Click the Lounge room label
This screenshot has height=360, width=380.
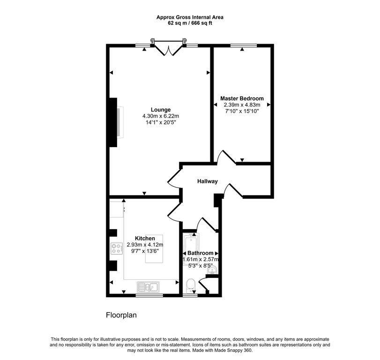pos(154,110)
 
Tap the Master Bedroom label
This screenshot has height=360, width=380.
pos(242,98)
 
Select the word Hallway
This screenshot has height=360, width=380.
pos(207,181)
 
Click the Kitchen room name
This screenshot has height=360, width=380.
pos(145,238)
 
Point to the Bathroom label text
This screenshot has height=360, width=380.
pos(201,253)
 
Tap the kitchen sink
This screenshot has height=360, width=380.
pos(149,286)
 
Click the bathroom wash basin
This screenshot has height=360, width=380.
pos(213,270)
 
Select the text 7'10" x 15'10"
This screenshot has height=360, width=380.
pos(242,112)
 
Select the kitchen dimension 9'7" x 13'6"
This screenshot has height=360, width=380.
pos(145,251)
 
